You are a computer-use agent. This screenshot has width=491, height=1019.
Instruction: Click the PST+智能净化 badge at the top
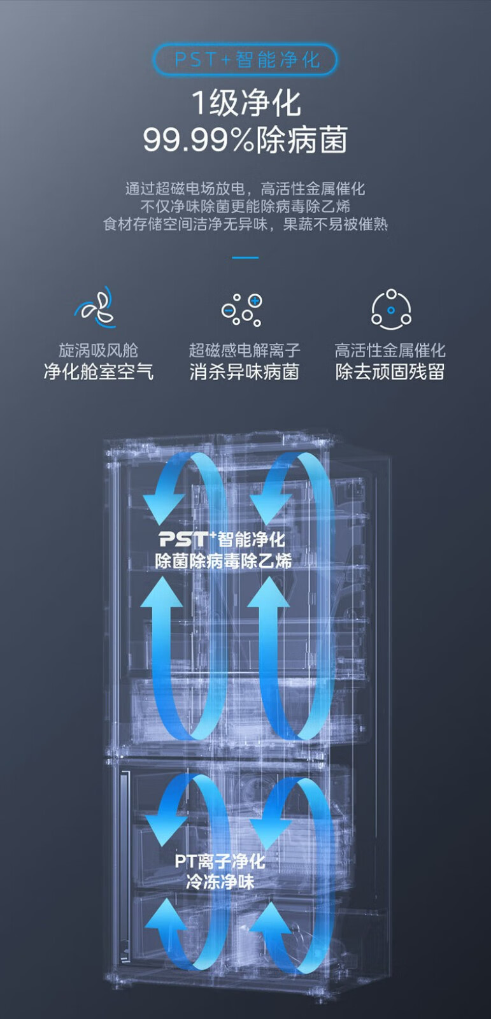click(245, 60)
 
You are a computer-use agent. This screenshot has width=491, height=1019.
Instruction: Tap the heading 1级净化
click(245, 103)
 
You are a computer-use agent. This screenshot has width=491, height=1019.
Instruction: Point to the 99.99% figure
click(197, 140)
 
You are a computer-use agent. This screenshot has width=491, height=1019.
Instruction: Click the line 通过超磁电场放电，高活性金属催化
click(245, 189)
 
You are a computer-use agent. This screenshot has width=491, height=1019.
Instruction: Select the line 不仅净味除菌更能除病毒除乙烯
click(245, 206)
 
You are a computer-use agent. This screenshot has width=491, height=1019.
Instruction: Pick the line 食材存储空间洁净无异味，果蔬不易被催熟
click(245, 224)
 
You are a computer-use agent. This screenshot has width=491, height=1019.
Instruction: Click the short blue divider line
click(245, 258)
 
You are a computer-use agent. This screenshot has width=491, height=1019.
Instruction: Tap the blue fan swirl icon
click(97, 308)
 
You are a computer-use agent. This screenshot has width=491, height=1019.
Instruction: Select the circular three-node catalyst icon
click(391, 310)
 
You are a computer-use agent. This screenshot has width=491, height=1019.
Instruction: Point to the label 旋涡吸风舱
click(98, 350)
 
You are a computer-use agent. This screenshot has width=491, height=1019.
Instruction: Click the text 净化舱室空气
click(98, 372)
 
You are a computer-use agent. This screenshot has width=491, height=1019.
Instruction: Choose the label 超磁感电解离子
click(245, 350)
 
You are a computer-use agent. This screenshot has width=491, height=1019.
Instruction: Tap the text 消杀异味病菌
click(245, 372)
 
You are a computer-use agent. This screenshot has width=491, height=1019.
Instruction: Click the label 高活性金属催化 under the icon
click(390, 350)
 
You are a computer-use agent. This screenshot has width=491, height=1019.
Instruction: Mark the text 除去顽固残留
click(390, 372)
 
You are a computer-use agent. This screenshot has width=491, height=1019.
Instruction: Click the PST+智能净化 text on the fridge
click(222, 540)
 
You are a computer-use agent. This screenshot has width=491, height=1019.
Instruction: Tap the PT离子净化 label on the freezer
click(220, 862)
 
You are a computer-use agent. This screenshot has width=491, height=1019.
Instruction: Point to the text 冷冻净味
click(220, 882)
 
